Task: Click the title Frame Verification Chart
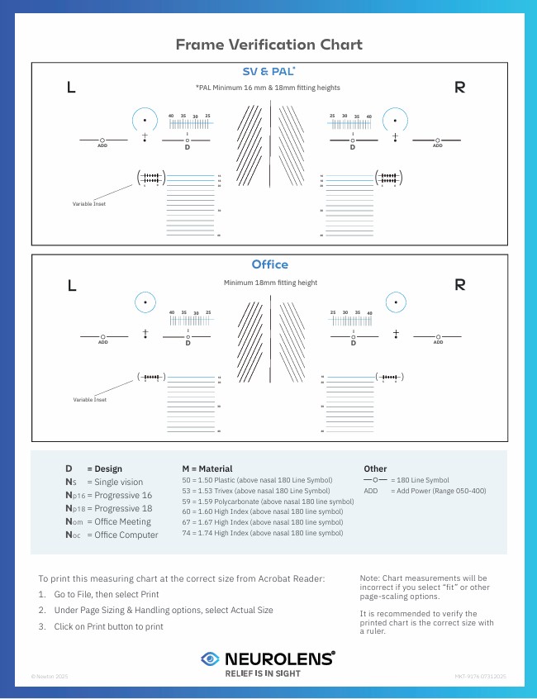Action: [268, 45]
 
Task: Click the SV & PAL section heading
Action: [268, 71]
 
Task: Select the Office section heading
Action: [269, 264]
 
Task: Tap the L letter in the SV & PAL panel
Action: [71, 88]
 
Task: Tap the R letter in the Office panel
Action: [459, 285]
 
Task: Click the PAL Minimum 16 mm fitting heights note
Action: [268, 88]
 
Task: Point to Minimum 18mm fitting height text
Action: [270, 283]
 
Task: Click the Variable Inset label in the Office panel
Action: [89, 400]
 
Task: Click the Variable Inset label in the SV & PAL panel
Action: [88, 203]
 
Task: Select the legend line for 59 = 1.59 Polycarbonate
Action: [267, 502]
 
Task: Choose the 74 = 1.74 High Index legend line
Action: [261, 533]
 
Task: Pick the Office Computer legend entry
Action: [112, 535]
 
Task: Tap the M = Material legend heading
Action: [207, 468]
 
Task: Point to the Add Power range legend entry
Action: [425, 491]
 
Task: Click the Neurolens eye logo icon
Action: [211, 659]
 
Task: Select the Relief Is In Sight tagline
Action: [263, 673]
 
